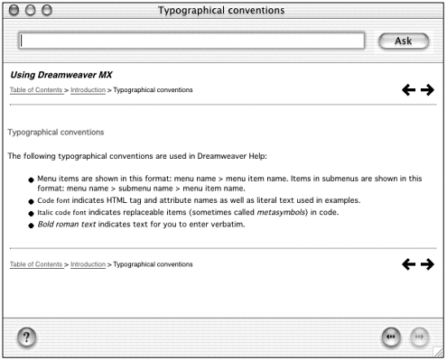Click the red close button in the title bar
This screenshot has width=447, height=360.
[12, 10]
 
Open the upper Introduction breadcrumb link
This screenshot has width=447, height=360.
[88, 90]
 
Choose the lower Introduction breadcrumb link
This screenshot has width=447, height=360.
[88, 264]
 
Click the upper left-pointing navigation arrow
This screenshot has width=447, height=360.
[408, 90]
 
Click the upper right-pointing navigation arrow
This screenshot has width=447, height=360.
[427, 90]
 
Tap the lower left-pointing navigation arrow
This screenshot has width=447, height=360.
[408, 264]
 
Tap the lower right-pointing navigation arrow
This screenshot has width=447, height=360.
[427, 264]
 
